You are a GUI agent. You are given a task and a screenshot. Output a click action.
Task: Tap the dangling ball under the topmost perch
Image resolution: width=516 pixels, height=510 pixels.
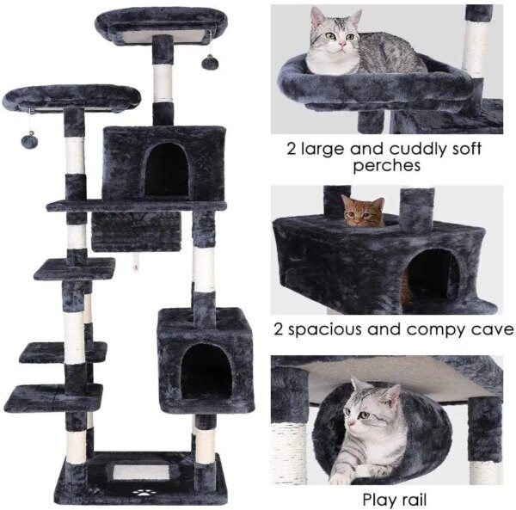[209, 62]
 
